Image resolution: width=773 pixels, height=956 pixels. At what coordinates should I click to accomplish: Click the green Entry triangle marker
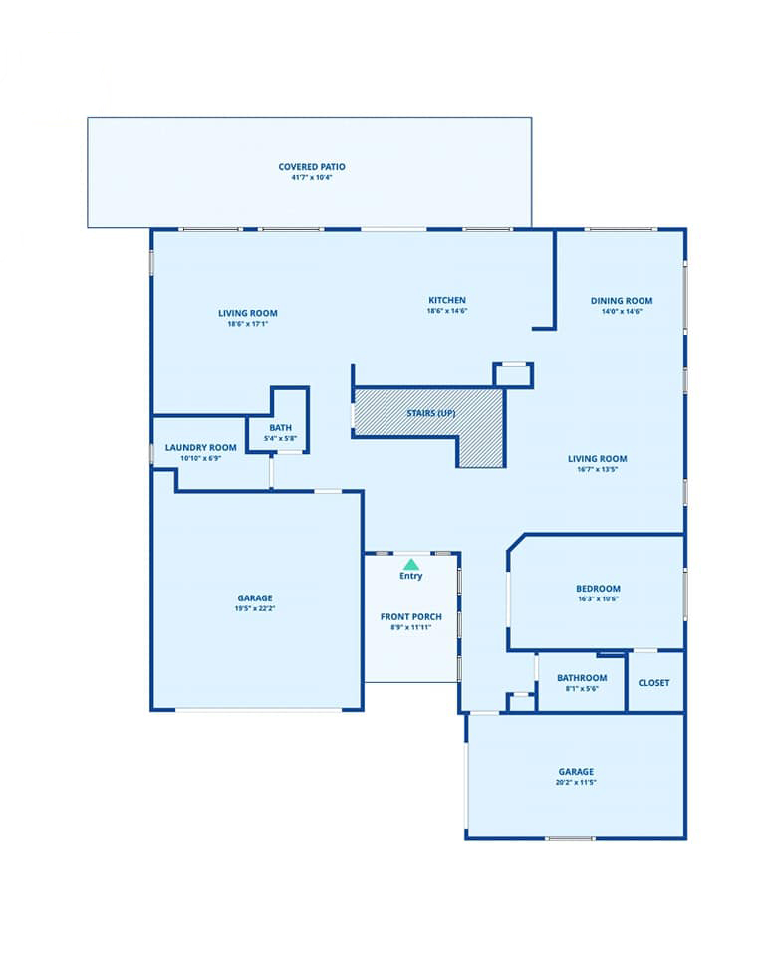click(x=411, y=564)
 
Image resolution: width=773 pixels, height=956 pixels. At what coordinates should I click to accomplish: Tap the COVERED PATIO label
click(x=312, y=167)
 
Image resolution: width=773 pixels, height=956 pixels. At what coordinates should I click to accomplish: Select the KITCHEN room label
click(x=447, y=300)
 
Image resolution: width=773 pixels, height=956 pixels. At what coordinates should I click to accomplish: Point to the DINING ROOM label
click(x=622, y=301)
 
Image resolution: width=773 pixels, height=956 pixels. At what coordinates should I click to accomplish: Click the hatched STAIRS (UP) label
click(x=431, y=413)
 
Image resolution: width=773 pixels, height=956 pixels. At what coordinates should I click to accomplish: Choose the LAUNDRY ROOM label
click(x=201, y=447)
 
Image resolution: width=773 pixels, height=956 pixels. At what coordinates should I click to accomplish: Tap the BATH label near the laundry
click(x=281, y=428)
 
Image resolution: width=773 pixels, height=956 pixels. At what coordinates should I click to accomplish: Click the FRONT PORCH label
click(x=411, y=617)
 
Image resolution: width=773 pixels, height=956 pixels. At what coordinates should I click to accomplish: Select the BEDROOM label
click(x=598, y=589)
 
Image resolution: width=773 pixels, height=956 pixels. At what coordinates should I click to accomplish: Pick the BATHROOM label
click(x=582, y=678)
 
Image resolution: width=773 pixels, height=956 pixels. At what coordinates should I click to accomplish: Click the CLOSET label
click(x=654, y=683)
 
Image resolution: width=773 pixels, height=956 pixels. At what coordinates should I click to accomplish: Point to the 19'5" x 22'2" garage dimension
click(x=255, y=608)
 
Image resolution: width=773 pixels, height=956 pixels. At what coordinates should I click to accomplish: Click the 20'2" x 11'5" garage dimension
click(x=576, y=782)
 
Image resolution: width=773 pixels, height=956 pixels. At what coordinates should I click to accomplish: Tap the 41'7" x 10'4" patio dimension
click(x=312, y=178)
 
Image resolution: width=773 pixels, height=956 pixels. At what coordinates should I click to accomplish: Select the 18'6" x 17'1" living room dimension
click(x=248, y=324)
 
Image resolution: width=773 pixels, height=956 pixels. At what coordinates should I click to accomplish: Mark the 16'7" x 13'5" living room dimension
click(x=598, y=469)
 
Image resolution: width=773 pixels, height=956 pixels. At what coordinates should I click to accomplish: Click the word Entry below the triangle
click(x=411, y=576)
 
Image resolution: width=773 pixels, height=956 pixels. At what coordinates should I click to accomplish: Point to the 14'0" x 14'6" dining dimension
click(x=622, y=311)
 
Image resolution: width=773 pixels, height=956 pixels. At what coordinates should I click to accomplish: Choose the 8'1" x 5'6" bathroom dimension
click(x=582, y=689)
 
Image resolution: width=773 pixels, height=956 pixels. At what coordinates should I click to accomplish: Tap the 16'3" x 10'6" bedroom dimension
click(x=598, y=598)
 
